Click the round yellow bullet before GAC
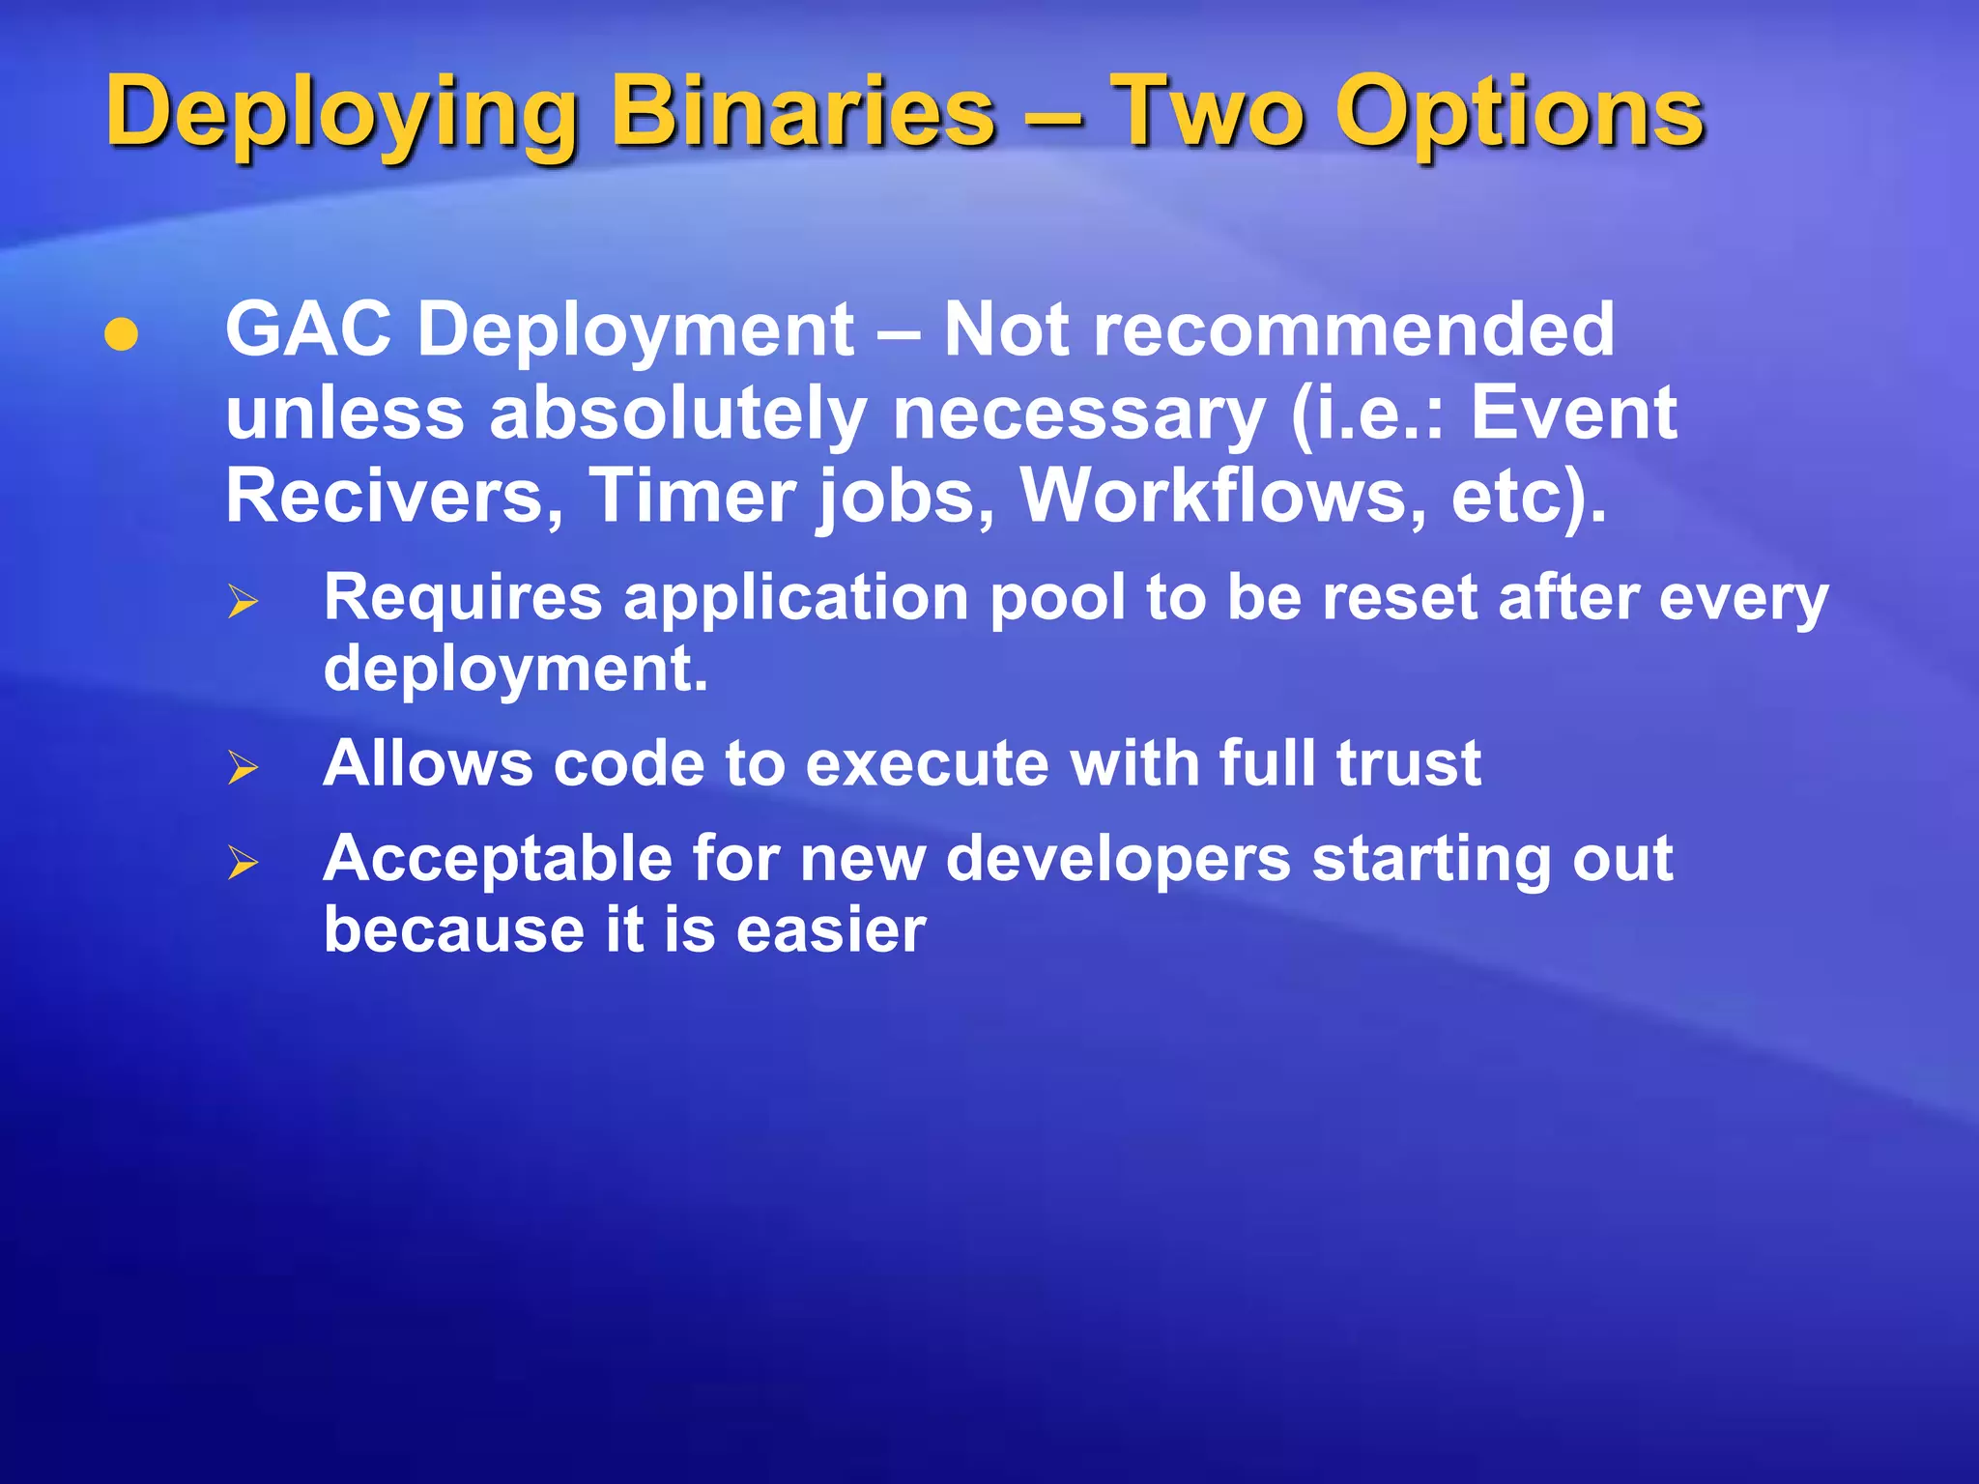click(x=122, y=334)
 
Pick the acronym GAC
click(x=308, y=330)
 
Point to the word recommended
click(x=1277, y=330)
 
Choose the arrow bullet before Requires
click(x=244, y=602)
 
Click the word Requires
click(x=463, y=599)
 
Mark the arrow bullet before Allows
click(x=244, y=768)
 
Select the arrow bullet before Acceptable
click(x=244, y=862)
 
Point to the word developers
click(x=1117, y=859)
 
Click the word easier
click(x=830, y=930)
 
